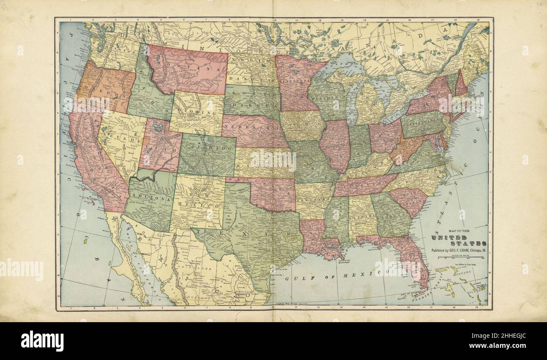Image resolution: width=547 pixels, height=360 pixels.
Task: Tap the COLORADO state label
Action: (x=207, y=150)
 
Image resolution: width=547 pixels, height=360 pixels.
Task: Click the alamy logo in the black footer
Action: (x=42, y=341)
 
